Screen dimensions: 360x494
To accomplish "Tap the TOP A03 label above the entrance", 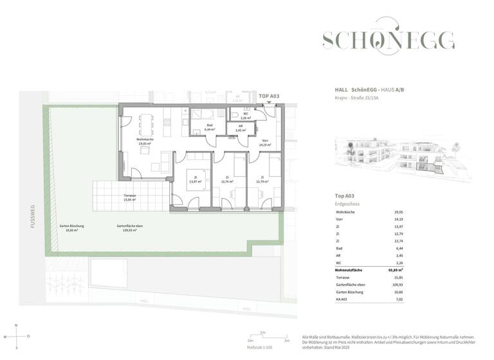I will (269, 96).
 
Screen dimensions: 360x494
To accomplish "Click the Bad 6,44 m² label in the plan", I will (210, 127).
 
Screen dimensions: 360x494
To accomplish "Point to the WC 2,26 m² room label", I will (245, 116).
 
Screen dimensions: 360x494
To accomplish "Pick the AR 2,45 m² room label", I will (239, 129).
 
